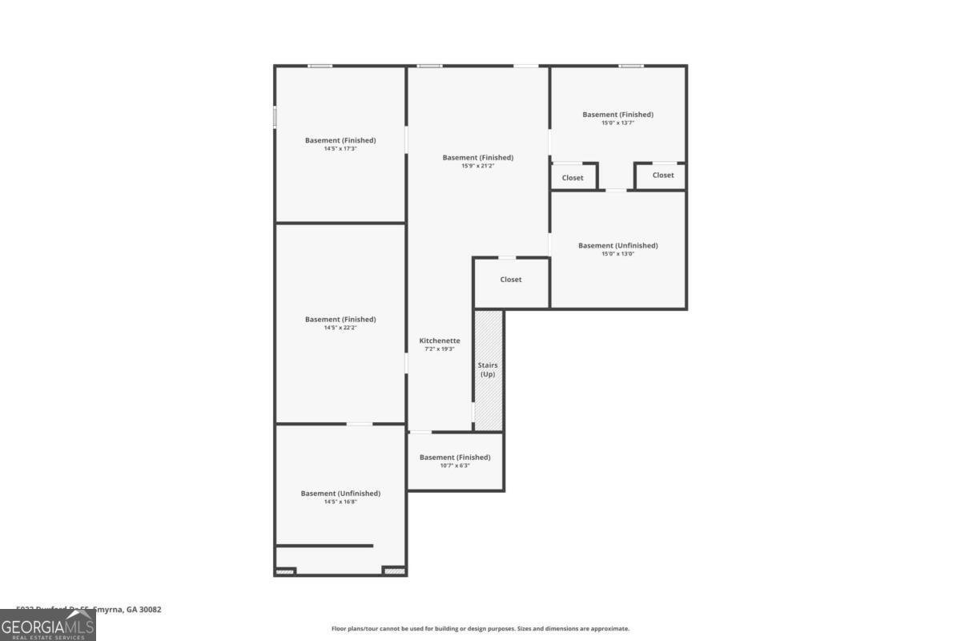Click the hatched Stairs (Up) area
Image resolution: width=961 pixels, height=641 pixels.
tap(489, 370)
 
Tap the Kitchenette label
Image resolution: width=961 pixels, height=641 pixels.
tap(440, 341)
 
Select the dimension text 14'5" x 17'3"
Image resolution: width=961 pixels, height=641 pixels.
tap(340, 149)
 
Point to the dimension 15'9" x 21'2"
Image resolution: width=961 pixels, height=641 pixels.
tap(478, 166)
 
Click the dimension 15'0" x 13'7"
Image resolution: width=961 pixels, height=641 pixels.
tap(617, 123)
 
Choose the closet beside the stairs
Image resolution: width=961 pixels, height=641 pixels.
tap(511, 280)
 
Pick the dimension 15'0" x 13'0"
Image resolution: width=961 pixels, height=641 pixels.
tap(617, 254)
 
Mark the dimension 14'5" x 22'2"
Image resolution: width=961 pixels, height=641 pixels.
tap(340, 328)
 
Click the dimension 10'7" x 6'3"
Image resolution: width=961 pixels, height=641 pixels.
tap(455, 466)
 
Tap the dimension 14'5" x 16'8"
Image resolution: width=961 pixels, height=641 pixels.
tap(340, 502)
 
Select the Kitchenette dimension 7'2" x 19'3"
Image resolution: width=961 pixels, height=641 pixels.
tap(440, 349)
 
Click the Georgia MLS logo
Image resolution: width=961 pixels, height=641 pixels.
tap(48, 625)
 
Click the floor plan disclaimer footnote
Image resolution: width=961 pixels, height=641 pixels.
tap(480, 629)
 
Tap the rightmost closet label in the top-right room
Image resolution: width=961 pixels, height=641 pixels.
tap(663, 175)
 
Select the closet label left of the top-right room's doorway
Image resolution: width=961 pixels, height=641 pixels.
tap(573, 178)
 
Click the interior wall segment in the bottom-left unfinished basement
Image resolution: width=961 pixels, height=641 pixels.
tap(324, 546)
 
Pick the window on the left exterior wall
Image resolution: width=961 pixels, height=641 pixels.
tap(275, 117)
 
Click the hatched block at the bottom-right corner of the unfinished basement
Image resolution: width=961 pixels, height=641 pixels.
tap(393, 570)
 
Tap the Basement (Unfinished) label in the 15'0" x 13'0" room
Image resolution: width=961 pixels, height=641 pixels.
tap(617, 245)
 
